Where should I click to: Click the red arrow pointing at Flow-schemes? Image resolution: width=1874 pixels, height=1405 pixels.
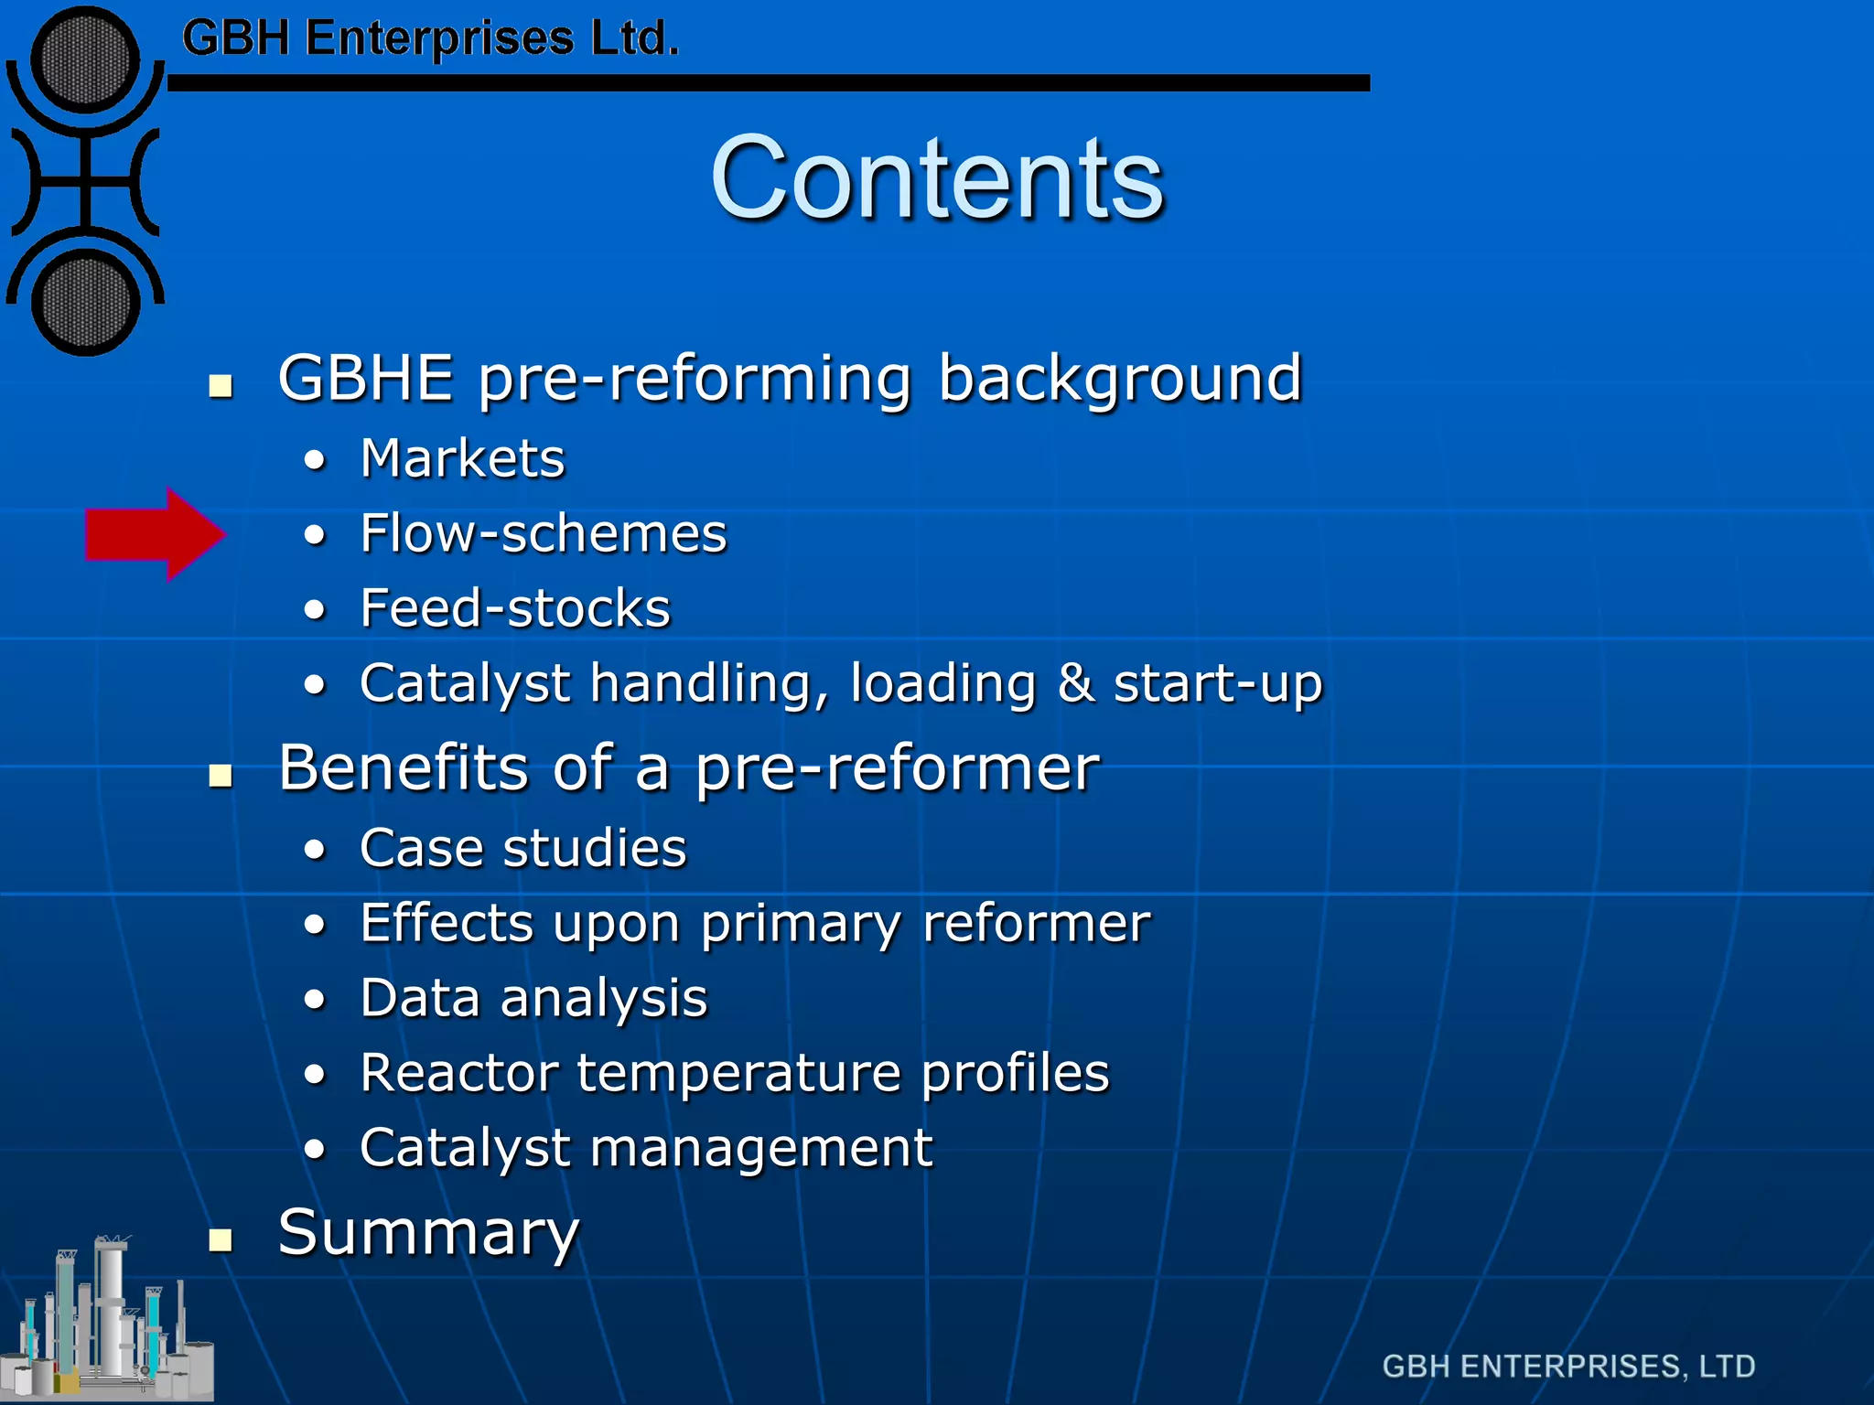(x=154, y=534)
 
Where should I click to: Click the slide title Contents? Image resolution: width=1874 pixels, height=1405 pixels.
(x=936, y=177)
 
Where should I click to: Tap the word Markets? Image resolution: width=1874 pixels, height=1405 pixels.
(x=462, y=458)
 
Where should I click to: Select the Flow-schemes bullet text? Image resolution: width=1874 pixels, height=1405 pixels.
(x=543, y=533)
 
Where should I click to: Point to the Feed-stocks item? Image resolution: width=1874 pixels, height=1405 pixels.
(x=514, y=608)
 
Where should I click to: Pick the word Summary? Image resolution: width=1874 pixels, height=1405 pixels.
(x=428, y=1232)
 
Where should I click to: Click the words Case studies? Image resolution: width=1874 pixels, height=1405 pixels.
(x=522, y=848)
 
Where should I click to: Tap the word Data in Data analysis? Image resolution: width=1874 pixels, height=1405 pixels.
(x=419, y=997)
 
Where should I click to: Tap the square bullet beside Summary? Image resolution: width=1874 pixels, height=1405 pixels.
(x=220, y=1239)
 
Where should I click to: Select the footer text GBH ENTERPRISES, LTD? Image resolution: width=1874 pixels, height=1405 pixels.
(x=1568, y=1366)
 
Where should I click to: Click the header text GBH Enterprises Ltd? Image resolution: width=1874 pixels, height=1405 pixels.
(x=430, y=38)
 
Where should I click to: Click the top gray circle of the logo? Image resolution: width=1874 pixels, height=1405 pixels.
(x=85, y=60)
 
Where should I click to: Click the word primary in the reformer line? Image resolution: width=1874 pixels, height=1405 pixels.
(x=801, y=923)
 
